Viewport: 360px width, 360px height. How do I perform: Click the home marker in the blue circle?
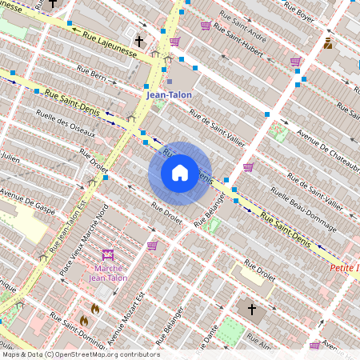[180, 173]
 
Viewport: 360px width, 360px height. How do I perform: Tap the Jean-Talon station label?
[169, 94]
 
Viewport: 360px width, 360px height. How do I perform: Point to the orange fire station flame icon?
[94, 308]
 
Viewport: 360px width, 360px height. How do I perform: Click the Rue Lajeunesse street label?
[108, 45]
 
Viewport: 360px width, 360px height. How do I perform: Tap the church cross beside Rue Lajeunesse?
[138, 40]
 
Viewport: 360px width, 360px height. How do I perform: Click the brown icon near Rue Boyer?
[328, 43]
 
